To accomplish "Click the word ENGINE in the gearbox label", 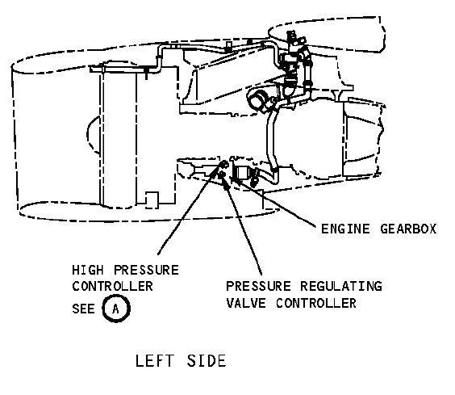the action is (x=345, y=229).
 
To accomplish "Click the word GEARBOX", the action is (x=408, y=229).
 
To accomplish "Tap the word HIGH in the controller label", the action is (x=88, y=270).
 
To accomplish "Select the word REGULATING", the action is (x=341, y=286).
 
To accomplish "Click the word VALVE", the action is (x=246, y=303).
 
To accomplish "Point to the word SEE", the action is (x=83, y=309).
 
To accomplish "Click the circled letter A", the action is (x=116, y=309).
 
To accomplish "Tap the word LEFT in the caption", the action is (x=154, y=361).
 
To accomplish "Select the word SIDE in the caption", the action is (x=207, y=361).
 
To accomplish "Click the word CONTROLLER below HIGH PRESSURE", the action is (x=112, y=286).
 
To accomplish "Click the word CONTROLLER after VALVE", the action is (x=316, y=303).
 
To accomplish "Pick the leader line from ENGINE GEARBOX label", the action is (x=276, y=201).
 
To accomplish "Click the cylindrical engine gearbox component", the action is (x=241, y=174).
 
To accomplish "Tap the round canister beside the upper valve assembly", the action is (x=257, y=99).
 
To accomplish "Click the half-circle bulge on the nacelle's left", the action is (x=94, y=135).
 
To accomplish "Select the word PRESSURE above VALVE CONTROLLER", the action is (x=258, y=286).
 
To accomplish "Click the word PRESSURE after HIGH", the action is (x=146, y=270).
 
